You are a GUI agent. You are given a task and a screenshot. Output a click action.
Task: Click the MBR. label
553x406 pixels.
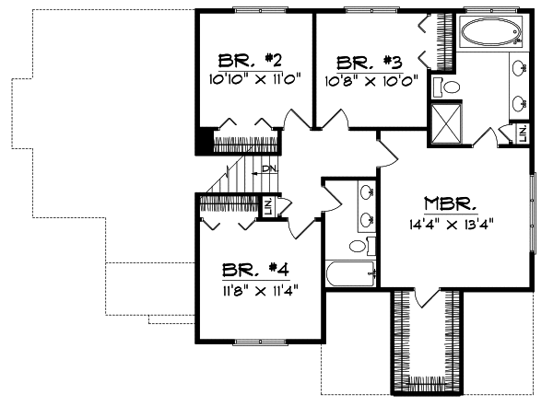point(450,203)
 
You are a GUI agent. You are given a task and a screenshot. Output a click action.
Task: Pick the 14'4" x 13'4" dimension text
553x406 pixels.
point(450,222)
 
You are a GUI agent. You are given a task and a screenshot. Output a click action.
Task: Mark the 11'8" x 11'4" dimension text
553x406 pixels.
point(256,288)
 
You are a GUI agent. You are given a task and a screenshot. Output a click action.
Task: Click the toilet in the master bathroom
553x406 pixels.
point(449,87)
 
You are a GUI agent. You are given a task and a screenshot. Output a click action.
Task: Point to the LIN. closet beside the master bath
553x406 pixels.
point(522,133)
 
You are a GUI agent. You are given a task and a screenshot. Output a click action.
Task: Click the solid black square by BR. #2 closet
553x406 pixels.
point(205,143)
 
